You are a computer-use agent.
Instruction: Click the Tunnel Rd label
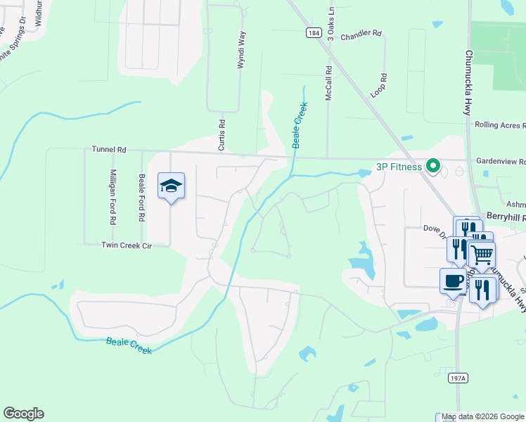click(x=109, y=150)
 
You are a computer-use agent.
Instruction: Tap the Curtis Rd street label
click(x=222, y=134)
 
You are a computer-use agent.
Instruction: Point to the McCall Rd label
click(x=328, y=84)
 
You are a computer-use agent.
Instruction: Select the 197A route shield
click(x=457, y=378)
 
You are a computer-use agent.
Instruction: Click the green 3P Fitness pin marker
click(x=434, y=167)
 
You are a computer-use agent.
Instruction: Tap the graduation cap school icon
click(x=171, y=186)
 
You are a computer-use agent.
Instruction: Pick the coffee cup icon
click(x=453, y=281)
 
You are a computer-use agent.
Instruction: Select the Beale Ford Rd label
click(x=142, y=198)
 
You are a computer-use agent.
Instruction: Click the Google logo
click(x=24, y=414)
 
